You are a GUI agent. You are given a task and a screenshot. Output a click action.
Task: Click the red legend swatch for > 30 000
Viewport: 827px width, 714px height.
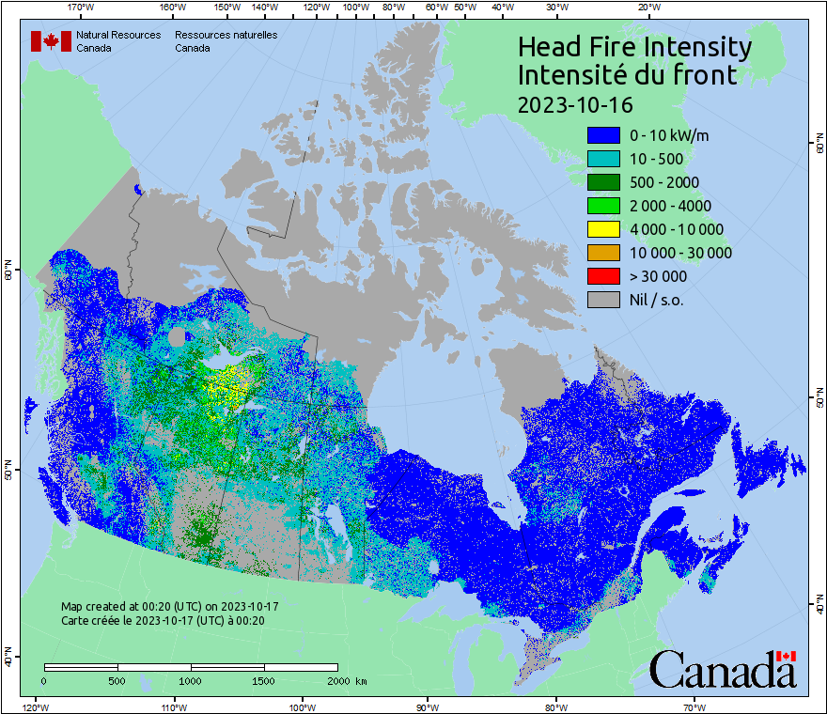tap(602, 276)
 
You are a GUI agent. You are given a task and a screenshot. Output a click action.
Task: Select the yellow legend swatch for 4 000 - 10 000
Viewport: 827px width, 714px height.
tap(602, 229)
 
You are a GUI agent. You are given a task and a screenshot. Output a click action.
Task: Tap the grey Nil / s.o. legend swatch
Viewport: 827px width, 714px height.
tap(602, 300)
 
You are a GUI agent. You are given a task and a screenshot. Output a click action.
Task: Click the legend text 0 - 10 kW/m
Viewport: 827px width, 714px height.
tap(669, 135)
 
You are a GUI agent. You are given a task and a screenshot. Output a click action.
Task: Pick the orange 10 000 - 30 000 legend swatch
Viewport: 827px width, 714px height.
tap(602, 253)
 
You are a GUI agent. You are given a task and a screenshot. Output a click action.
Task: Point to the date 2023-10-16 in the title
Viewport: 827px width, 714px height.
tap(575, 104)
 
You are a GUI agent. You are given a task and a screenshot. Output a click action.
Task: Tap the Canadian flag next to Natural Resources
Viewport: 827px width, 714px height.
tap(51, 41)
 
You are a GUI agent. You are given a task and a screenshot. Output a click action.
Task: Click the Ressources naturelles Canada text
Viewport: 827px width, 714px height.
tap(226, 41)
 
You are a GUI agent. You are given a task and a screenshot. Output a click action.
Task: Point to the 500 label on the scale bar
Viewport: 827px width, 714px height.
tap(117, 680)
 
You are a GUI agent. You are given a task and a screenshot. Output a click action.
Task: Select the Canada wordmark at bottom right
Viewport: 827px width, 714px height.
tap(723, 669)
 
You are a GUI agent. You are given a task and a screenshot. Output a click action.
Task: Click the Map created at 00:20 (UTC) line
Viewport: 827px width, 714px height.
tap(169, 606)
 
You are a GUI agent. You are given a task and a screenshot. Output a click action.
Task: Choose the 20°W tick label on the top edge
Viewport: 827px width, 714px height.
tap(647, 7)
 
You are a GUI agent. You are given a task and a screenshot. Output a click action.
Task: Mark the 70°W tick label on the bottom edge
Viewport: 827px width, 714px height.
tap(694, 706)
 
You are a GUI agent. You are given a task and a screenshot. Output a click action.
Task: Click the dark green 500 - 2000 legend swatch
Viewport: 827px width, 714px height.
tap(602, 182)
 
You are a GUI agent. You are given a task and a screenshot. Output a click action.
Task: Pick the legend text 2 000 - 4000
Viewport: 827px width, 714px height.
tap(670, 206)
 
